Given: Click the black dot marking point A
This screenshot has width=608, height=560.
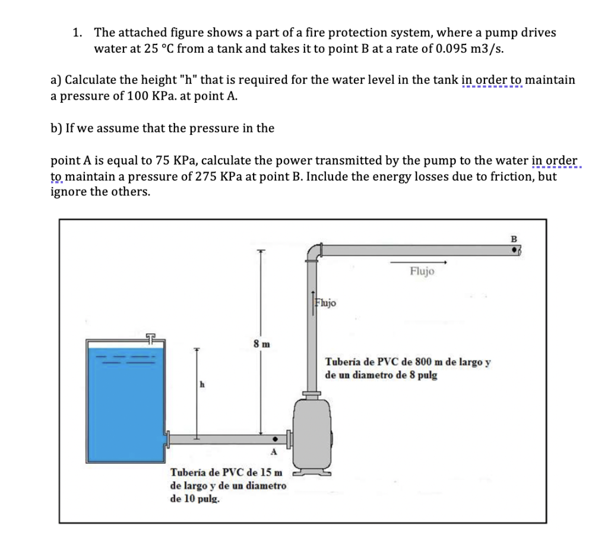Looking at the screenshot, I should click(x=274, y=441).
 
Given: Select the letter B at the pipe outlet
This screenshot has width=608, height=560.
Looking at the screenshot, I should click(x=514, y=239).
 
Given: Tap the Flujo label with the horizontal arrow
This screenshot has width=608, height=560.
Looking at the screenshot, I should click(x=422, y=271).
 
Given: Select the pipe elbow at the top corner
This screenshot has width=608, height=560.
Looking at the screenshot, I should click(x=313, y=252).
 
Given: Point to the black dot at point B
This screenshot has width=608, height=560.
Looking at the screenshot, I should click(x=515, y=251).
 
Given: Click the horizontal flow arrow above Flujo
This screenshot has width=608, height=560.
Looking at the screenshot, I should click(x=417, y=261).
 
